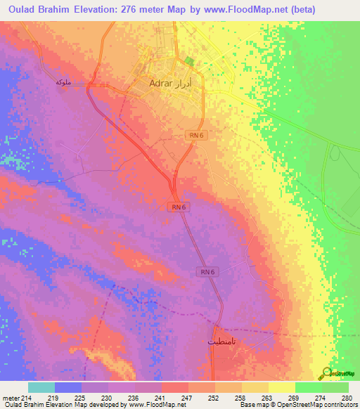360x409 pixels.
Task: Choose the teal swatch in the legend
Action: (x=41, y=387)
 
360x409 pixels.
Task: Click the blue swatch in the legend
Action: (x=68, y=387)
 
